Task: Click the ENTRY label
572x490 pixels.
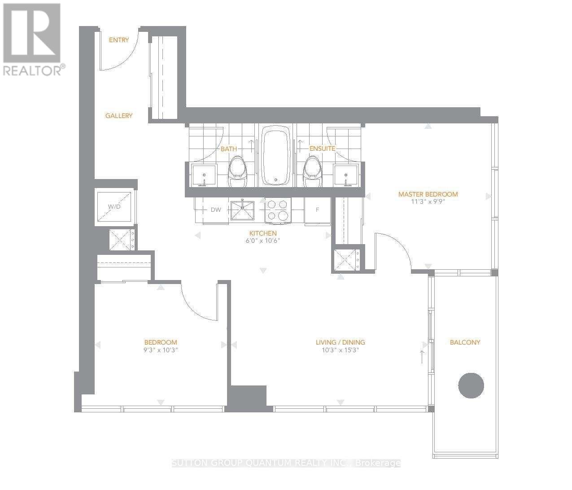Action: (119, 40)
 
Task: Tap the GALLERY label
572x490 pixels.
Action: (119, 116)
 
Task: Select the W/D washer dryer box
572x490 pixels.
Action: (115, 207)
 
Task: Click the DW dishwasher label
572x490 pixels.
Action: (216, 210)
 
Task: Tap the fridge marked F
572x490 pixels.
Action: (318, 210)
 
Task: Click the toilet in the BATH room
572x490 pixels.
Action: (238, 173)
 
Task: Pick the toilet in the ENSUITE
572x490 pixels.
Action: (313, 173)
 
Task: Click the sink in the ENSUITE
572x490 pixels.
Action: (346, 175)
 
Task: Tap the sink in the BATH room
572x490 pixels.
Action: (204, 175)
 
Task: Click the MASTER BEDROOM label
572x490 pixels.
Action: (428, 194)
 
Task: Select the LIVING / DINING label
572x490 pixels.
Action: (340, 342)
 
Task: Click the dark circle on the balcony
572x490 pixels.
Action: (471, 385)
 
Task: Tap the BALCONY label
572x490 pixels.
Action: (465, 342)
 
